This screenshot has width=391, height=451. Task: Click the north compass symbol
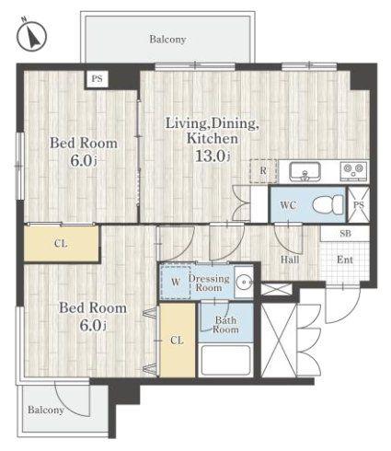pyautogui.click(x=31, y=36)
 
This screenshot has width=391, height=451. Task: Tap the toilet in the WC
pyautogui.click(x=328, y=204)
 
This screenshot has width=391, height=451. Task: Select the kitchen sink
pyautogui.click(x=305, y=171)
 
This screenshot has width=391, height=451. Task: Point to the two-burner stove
pyautogui.click(x=354, y=170)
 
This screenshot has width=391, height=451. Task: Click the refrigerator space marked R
pyautogui.click(x=263, y=171)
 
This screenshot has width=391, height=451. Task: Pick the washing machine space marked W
pyautogui.click(x=176, y=283)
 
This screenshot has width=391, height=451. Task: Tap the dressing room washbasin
pyautogui.click(x=244, y=282)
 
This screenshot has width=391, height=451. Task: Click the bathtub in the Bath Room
pyautogui.click(x=225, y=361)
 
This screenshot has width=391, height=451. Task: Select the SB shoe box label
pyautogui.click(x=346, y=234)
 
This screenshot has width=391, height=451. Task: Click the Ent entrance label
pyautogui.click(x=345, y=260)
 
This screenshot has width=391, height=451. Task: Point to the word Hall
pyautogui.click(x=290, y=260)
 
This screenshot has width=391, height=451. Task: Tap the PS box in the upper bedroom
pyautogui.click(x=97, y=79)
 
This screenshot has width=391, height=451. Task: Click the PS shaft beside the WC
pyautogui.click(x=359, y=204)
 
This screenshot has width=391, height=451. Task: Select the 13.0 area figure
pyautogui.click(x=213, y=156)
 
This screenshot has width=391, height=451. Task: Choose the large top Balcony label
pyautogui.click(x=167, y=40)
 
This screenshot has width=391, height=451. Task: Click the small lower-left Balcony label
pyautogui.click(x=46, y=410)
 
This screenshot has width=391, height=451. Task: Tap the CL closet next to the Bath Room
pyautogui.click(x=178, y=340)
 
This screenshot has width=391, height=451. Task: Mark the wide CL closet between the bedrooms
pyautogui.click(x=61, y=244)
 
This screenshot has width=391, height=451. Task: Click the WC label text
pyautogui.click(x=288, y=205)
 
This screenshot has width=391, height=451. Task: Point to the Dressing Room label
pyautogui.click(x=209, y=283)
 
